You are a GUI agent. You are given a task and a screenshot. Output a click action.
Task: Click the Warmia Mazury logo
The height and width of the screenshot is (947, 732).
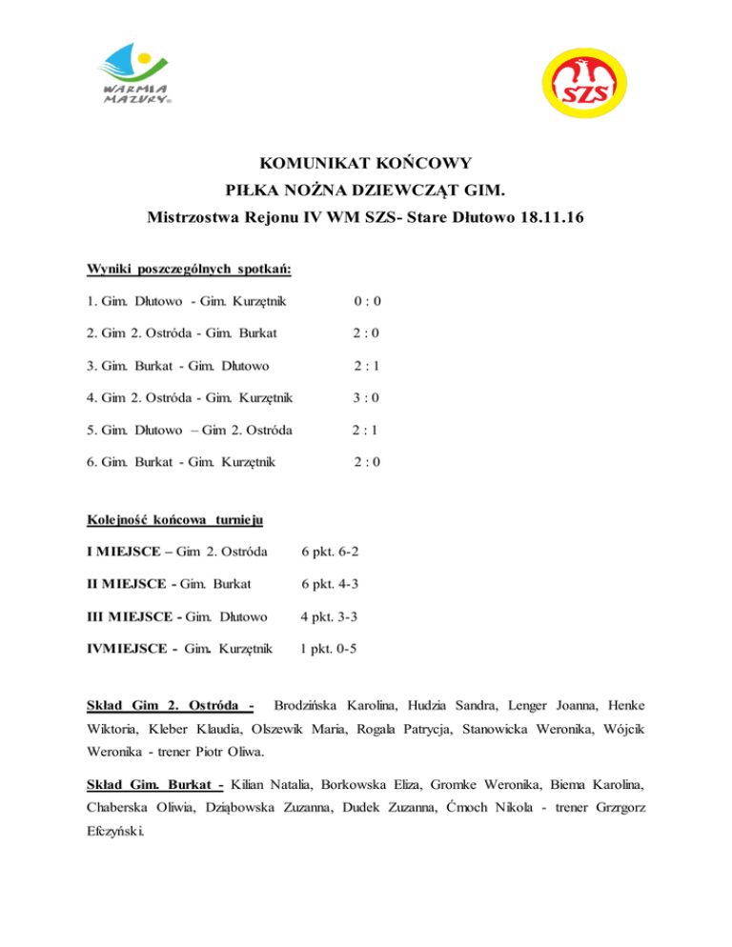[137, 77]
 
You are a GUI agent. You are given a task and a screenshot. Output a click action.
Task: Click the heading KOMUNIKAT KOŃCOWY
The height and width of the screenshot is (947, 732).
[366, 163]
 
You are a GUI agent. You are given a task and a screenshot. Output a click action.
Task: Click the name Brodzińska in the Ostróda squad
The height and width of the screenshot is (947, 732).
[311, 706]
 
